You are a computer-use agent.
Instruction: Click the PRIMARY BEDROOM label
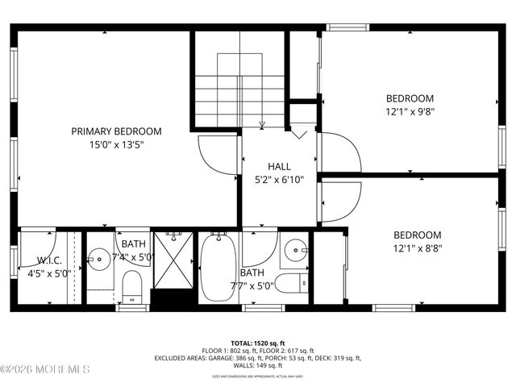116,131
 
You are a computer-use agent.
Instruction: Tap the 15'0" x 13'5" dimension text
116,146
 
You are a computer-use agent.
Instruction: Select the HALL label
268,166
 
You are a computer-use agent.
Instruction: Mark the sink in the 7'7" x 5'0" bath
297,251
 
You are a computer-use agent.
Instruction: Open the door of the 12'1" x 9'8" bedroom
338,152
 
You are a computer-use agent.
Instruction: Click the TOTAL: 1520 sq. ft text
258,342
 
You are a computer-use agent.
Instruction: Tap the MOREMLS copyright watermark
45,370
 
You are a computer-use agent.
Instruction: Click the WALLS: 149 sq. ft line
258,365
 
